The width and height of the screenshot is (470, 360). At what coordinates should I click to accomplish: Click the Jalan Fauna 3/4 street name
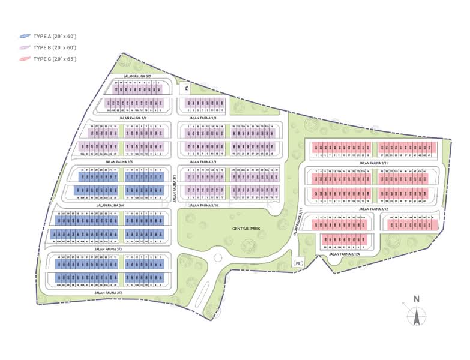point(110,206)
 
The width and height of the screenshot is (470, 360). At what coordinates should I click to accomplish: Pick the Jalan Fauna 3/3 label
point(108,248)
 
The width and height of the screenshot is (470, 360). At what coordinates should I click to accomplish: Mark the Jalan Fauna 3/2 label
point(108,292)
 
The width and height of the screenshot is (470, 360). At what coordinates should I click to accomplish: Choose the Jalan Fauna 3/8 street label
point(203,118)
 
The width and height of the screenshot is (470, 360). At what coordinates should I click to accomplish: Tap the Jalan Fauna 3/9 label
point(203,162)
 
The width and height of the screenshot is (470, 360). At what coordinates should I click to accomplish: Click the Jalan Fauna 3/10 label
point(203,206)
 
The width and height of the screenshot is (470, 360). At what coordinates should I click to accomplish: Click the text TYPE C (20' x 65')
point(55,59)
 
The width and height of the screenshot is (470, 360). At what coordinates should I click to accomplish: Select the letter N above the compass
point(415,299)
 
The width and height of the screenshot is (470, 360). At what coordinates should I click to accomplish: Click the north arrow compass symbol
point(415,316)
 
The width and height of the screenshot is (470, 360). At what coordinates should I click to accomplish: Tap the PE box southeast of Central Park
point(297,263)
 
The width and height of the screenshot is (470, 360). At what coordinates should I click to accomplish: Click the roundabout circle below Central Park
point(214,260)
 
